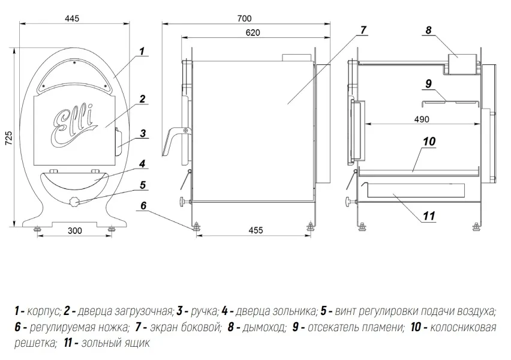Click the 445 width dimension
(x=72, y=18)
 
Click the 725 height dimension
(x=9, y=138)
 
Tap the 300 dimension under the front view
(x=74, y=231)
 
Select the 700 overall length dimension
(x=245, y=18)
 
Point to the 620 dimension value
(x=253, y=32)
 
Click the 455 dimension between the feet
(x=256, y=230)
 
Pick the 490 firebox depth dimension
(x=422, y=119)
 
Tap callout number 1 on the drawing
(x=142, y=52)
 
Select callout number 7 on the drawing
(x=363, y=30)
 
